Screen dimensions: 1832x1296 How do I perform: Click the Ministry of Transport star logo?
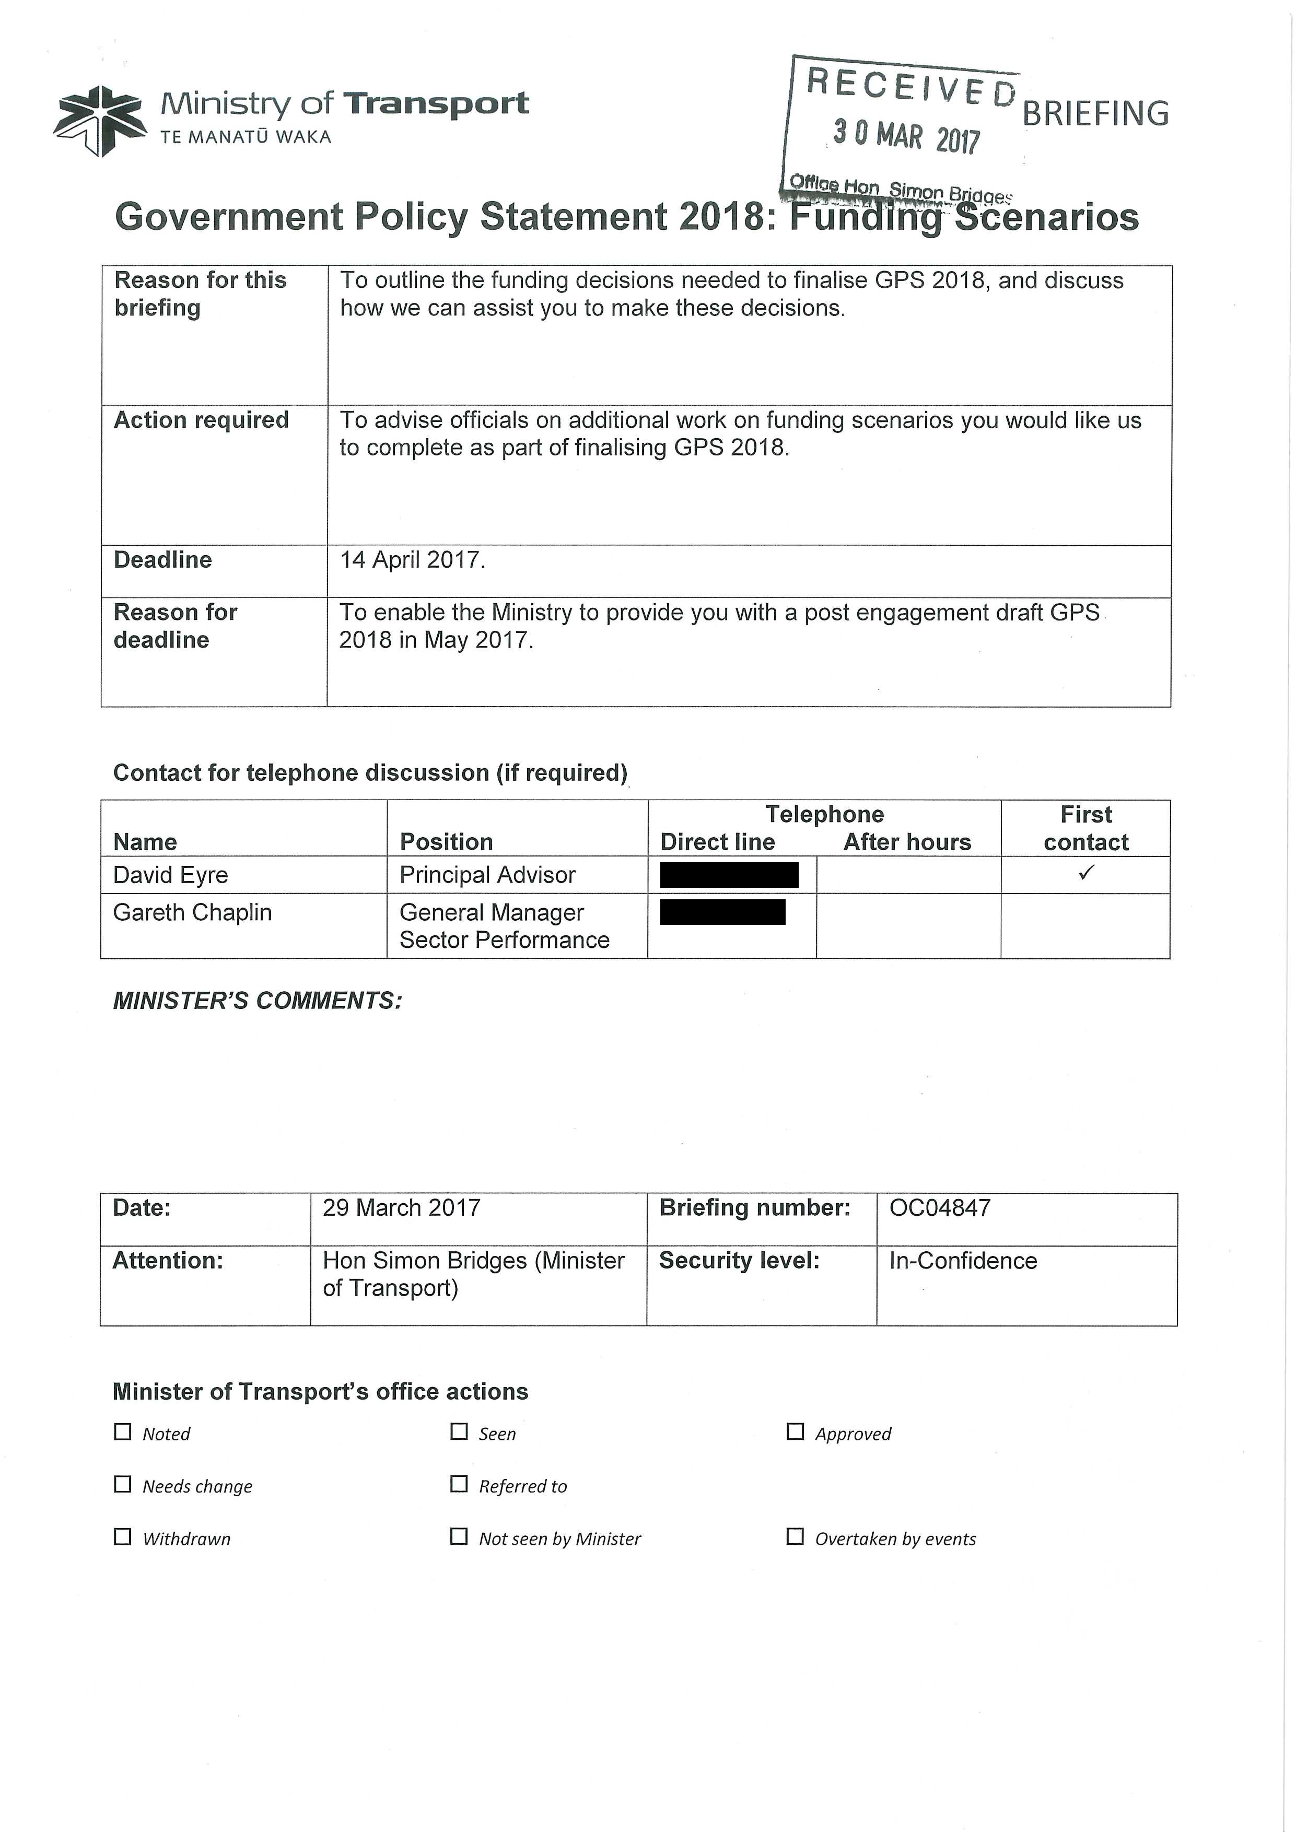click(100, 121)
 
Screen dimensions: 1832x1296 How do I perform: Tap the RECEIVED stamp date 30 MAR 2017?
click(906, 136)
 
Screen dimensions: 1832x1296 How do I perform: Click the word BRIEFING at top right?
click(1095, 114)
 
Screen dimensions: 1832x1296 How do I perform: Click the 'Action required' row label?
click(201, 420)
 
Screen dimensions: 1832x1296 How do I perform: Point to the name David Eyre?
click(171, 875)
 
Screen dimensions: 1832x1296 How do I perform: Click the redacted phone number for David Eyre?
click(729, 875)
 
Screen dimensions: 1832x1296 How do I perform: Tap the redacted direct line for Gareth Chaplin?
click(722, 912)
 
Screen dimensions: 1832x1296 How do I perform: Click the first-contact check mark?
click(1085, 873)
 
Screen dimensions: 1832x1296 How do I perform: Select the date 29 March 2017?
click(401, 1208)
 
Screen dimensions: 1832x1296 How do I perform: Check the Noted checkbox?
click(123, 1432)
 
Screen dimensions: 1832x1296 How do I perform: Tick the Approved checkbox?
click(795, 1432)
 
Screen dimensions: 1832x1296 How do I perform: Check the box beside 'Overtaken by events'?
click(795, 1537)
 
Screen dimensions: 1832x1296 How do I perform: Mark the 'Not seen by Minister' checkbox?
click(459, 1537)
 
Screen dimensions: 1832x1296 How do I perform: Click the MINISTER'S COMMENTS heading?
click(258, 1001)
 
